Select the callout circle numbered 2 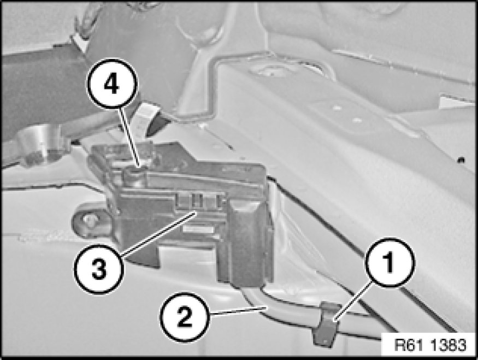click(x=185, y=317)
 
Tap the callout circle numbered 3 click(x=99, y=269)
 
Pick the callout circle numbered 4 click(x=112, y=84)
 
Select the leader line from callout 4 click(x=129, y=137)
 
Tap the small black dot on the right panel click(x=462, y=160)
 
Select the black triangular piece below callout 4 click(x=156, y=125)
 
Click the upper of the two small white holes click(x=337, y=108)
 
